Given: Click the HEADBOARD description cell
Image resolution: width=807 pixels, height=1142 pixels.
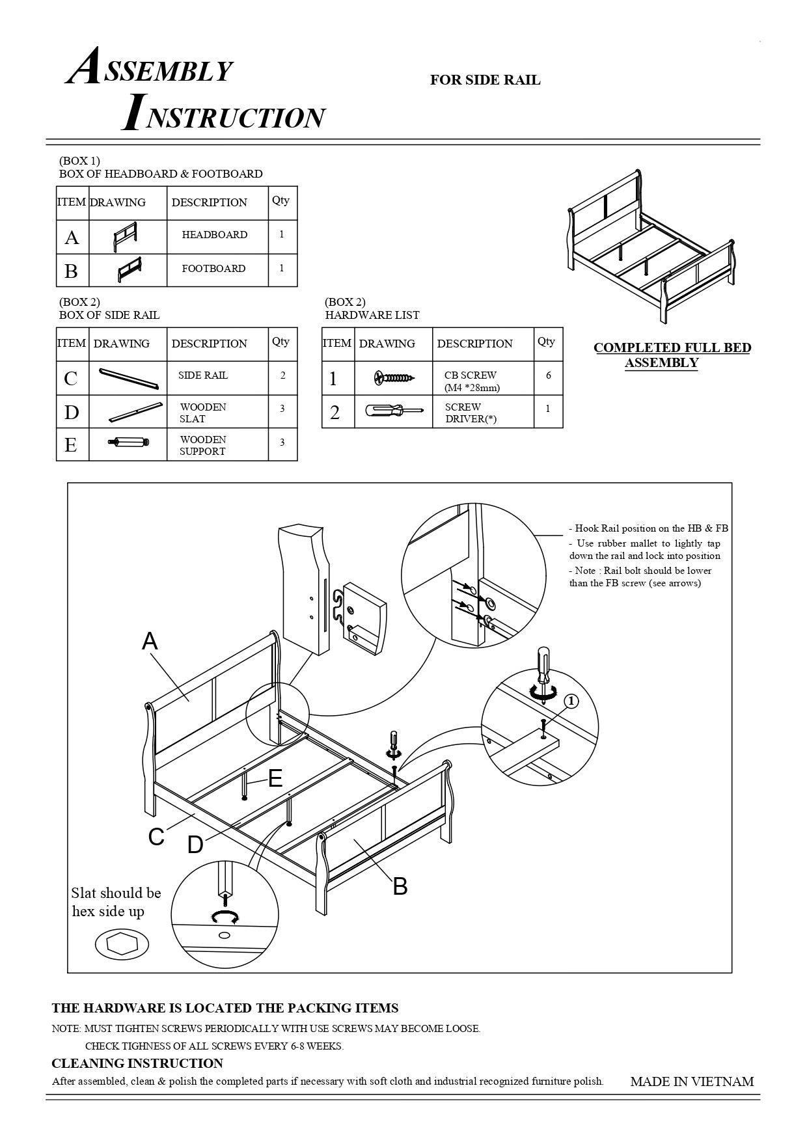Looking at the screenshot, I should pyautogui.click(x=215, y=235).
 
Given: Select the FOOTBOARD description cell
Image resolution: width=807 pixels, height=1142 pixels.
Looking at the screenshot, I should pyautogui.click(x=213, y=269).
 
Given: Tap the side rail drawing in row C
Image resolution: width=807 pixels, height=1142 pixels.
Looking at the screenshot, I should pyautogui.click(x=128, y=378).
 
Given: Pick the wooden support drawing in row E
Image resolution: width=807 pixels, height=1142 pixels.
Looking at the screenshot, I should pyautogui.click(x=128, y=443).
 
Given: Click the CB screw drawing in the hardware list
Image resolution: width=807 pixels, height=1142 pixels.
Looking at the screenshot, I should pyautogui.click(x=394, y=378).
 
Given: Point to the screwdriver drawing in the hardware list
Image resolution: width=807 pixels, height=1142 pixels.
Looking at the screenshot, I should pyautogui.click(x=394, y=411).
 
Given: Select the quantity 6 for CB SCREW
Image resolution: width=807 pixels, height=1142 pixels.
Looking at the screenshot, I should pyautogui.click(x=548, y=375).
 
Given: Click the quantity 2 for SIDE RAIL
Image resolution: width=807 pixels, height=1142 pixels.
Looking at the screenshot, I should pyautogui.click(x=282, y=375).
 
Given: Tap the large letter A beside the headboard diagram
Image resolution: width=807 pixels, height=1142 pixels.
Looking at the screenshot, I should pyautogui.click(x=150, y=642).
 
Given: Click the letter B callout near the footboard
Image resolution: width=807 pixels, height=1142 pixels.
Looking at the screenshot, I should pyautogui.click(x=400, y=886).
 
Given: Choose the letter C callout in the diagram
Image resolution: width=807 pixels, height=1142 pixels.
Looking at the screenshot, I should pyautogui.click(x=156, y=837).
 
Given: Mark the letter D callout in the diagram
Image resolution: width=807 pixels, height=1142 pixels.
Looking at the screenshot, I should pyautogui.click(x=195, y=845).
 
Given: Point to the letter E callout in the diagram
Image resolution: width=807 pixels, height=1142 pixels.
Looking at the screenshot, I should pyautogui.click(x=275, y=778).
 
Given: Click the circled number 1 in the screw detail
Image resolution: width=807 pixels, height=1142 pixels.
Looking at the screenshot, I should pyautogui.click(x=570, y=701).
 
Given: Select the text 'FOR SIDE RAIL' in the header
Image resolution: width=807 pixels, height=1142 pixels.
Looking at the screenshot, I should pyautogui.click(x=485, y=80).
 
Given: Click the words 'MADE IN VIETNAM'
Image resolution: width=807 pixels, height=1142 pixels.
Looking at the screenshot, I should pyautogui.click(x=692, y=1081).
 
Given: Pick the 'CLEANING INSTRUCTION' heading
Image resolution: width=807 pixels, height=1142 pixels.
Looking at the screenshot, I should pyautogui.click(x=137, y=1063).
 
